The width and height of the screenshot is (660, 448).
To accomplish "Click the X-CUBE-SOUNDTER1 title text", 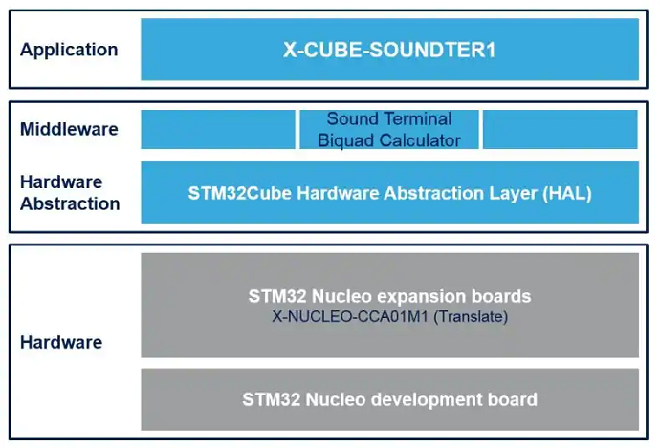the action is (x=389, y=50).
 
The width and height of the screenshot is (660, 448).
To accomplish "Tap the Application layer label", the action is (x=69, y=50).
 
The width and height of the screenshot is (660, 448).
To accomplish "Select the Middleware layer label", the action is (x=69, y=129).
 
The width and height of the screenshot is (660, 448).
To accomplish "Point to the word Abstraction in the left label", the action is (x=70, y=203).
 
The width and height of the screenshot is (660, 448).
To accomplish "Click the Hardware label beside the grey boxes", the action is (x=61, y=342).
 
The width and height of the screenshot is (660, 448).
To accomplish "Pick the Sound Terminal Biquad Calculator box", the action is (x=389, y=130).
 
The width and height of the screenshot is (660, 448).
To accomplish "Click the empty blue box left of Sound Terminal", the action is (x=218, y=130).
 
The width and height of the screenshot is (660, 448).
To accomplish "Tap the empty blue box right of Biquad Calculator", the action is (x=561, y=130).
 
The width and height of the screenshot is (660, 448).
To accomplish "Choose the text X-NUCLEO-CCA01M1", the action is (x=350, y=316).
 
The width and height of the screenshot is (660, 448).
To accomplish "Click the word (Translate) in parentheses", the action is (x=471, y=316).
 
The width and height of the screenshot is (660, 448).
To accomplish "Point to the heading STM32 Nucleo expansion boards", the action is (x=389, y=296).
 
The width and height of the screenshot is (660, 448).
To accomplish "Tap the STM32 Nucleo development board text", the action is (x=389, y=399).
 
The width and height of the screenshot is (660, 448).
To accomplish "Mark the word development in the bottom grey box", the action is (x=427, y=399).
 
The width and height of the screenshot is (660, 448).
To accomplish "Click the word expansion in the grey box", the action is (x=422, y=297).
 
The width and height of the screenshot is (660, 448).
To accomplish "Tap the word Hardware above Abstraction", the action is (x=61, y=182).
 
